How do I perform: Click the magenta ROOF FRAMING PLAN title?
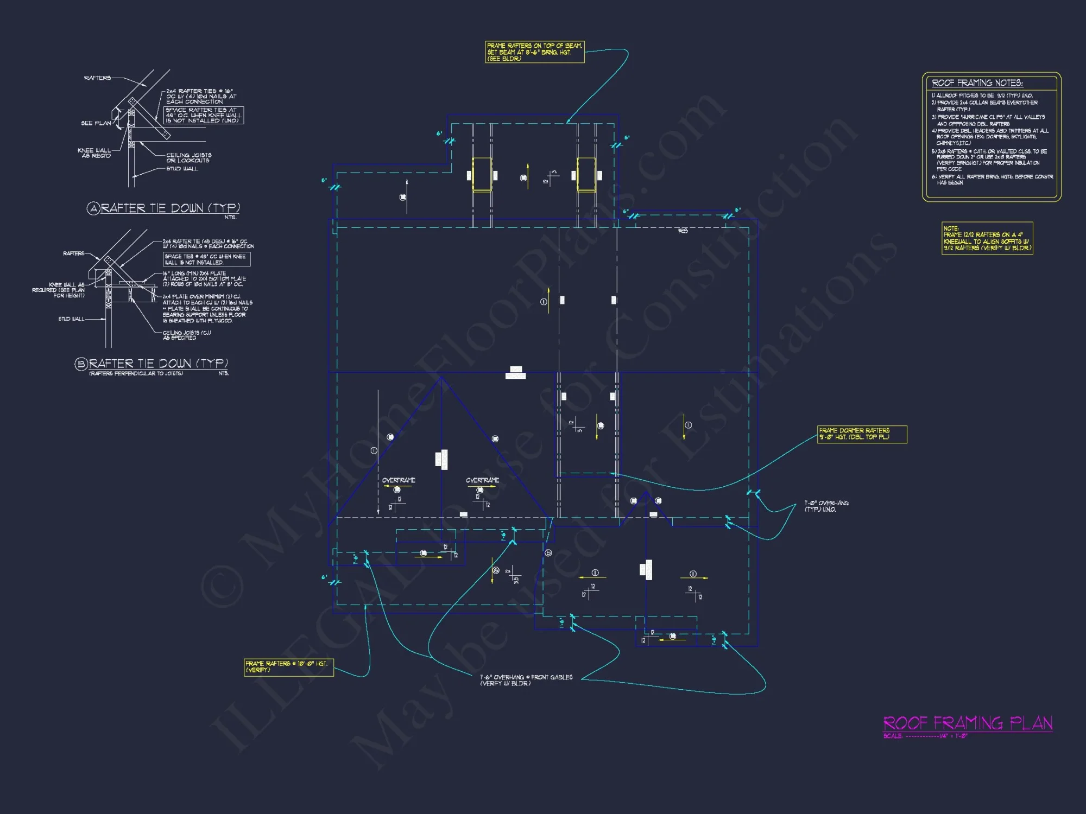[x=968, y=723]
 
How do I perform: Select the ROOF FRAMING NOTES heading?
[x=977, y=83]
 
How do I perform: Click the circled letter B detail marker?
[x=81, y=364]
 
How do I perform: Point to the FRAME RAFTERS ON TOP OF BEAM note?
[x=534, y=52]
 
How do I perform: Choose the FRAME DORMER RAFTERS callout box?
[x=862, y=434]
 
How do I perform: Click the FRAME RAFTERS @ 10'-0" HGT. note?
[x=288, y=667]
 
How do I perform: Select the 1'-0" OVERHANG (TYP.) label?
[x=826, y=506]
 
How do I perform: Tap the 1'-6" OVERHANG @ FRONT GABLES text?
[x=526, y=680]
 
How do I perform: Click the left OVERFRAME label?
[x=399, y=480]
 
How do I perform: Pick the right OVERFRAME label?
[x=482, y=480]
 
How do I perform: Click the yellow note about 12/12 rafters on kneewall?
[x=987, y=238]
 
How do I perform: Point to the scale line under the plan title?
[x=925, y=736]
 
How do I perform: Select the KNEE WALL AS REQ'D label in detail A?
[x=94, y=153]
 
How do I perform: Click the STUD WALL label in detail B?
[x=71, y=319]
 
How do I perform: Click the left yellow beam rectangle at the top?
[x=482, y=175]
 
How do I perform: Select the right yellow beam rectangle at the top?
[x=586, y=175]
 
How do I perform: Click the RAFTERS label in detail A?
[x=97, y=78]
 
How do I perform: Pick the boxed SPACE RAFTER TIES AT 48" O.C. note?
[x=204, y=115]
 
